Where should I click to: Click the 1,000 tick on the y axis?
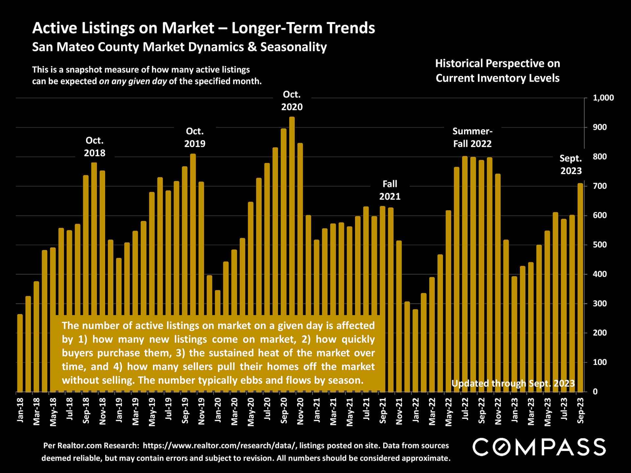(603, 98)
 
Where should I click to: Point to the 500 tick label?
(600, 245)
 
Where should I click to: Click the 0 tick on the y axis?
(595, 392)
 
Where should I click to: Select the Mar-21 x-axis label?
(333, 412)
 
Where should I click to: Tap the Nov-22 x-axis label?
(498, 412)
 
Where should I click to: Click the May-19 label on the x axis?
(152, 412)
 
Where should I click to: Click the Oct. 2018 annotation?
(95, 146)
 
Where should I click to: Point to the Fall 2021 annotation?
(390, 190)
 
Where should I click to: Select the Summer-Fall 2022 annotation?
(472, 137)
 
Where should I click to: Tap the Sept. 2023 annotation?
(571, 164)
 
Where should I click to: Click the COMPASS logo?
(539, 447)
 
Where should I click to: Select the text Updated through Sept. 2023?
(513, 383)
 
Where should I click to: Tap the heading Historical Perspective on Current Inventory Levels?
(498, 71)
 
